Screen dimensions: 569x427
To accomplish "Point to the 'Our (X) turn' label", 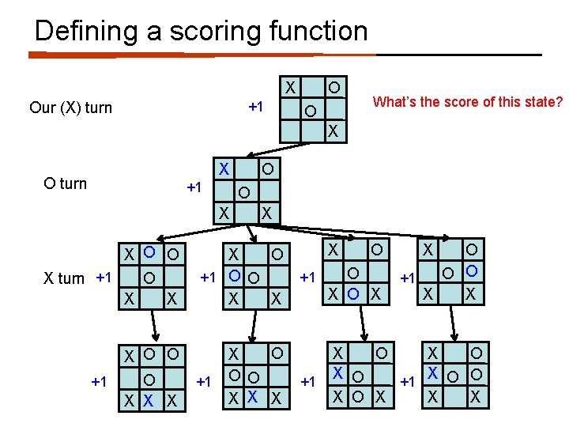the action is (x=70, y=108).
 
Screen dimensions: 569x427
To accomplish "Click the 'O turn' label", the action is (x=66, y=183).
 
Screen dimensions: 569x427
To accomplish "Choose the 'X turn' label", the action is (x=62, y=278).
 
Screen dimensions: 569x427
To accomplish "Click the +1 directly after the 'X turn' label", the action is (x=104, y=278).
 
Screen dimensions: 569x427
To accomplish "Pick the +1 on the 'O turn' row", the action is (x=194, y=187).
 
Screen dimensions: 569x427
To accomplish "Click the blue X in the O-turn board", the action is (x=224, y=168).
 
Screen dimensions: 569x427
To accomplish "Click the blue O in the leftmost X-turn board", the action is (x=148, y=254).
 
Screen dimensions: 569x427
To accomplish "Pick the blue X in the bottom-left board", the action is (x=148, y=402).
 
